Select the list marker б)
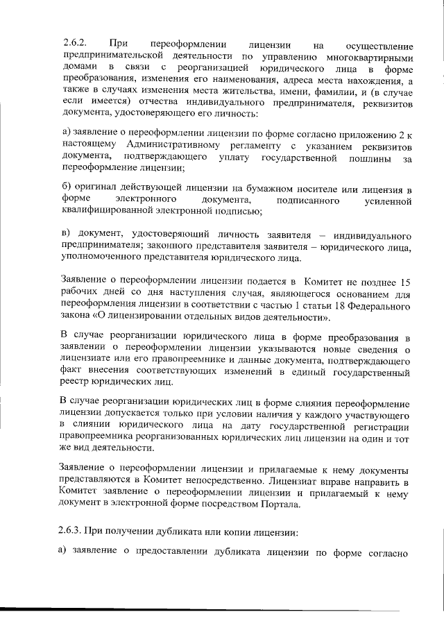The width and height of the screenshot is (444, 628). [67, 189]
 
